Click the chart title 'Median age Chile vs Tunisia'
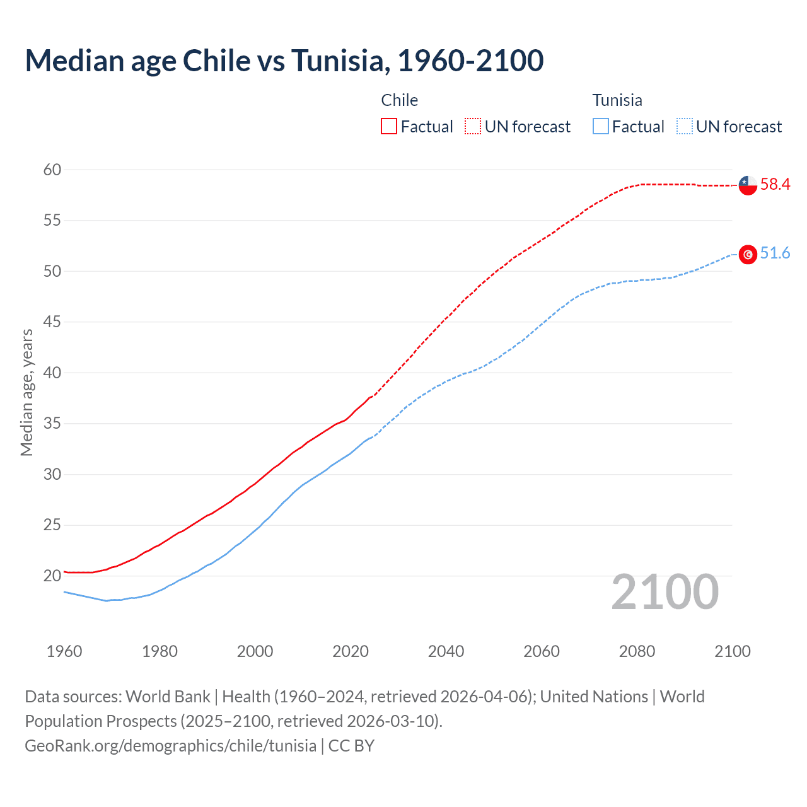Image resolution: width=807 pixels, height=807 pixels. click(x=284, y=61)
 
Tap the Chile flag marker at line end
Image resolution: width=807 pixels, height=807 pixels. click(x=747, y=185)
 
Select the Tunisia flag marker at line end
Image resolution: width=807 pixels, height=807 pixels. click(x=747, y=254)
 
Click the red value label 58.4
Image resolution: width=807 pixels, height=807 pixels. click(x=775, y=185)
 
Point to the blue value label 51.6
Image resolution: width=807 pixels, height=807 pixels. click(x=775, y=253)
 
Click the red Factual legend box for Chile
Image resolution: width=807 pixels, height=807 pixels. click(x=389, y=127)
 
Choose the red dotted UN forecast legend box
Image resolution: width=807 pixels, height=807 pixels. click(x=473, y=127)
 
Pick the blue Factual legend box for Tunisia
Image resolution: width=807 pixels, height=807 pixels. click(x=601, y=127)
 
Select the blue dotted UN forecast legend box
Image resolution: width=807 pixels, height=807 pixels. click(x=684, y=127)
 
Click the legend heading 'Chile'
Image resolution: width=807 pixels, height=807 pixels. click(x=399, y=100)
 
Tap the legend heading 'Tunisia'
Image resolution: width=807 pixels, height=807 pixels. click(x=617, y=100)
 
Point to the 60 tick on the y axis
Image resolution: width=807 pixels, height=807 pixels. click(x=52, y=170)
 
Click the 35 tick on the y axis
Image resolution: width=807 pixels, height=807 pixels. click(x=52, y=423)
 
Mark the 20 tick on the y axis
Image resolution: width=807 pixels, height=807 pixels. click(x=52, y=576)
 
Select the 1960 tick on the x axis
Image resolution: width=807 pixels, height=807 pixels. click(x=64, y=651)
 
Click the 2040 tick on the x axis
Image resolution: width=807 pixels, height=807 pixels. click(x=446, y=651)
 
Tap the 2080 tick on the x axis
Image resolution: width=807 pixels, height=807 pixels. click(x=637, y=651)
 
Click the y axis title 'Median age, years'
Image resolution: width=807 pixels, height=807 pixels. click(x=26, y=392)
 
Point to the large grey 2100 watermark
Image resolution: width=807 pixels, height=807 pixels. click(x=665, y=592)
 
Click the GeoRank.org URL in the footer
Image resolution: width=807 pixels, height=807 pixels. click(x=170, y=746)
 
